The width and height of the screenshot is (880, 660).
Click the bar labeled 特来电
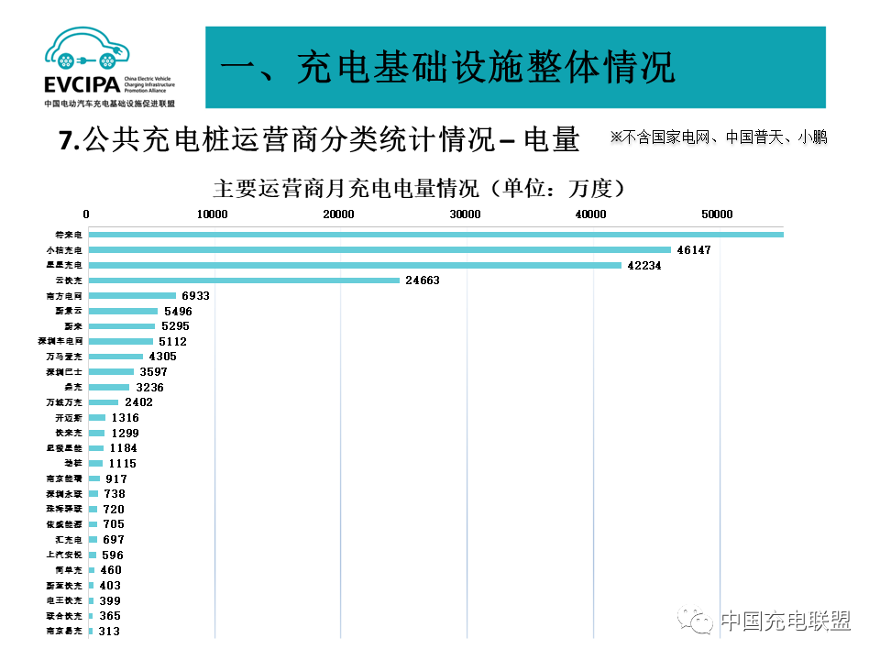435,235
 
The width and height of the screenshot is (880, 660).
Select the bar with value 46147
379,249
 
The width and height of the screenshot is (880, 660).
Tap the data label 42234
643,265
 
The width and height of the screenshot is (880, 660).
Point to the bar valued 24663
244,280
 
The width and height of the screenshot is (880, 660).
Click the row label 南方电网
65,296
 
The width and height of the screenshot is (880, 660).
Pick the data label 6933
196,296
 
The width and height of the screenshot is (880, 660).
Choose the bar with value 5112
120,341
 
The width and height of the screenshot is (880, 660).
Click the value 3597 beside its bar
152,372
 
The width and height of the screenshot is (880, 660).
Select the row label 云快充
69,280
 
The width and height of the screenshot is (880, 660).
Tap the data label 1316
126,418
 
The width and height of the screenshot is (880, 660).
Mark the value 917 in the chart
116,478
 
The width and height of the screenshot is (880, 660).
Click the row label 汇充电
68,540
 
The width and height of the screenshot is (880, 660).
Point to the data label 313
108,631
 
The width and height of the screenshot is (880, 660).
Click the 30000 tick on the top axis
467,214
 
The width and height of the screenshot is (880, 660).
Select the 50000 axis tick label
718,214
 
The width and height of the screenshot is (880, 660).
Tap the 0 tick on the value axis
86,214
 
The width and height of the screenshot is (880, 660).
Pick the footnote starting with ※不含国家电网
719,137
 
